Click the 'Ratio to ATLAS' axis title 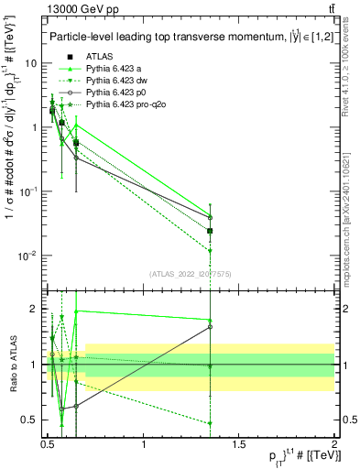[13, 364]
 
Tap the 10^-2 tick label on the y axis [27, 255]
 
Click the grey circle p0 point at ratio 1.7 [211, 327]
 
